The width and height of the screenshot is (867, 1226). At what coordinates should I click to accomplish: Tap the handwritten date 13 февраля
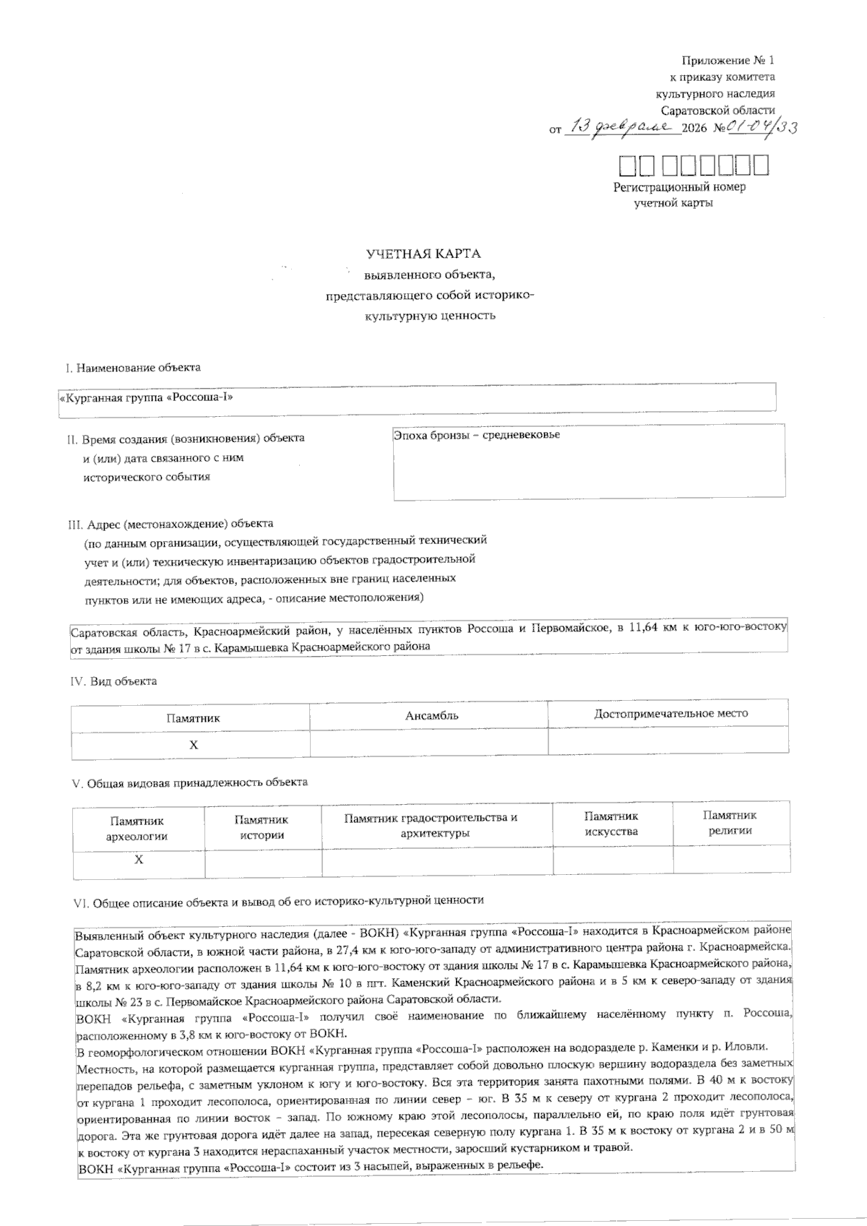[622, 128]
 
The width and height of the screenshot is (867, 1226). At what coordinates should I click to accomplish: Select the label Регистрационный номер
[679, 187]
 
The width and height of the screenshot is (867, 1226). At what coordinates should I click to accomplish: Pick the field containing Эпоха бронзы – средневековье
[589, 461]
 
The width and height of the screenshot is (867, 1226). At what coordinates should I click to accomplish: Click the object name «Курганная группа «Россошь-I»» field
[417, 397]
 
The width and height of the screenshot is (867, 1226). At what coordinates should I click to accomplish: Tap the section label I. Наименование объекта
[133, 368]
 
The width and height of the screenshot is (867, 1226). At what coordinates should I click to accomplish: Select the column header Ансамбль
[431, 716]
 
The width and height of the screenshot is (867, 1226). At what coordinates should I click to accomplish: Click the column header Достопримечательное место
[670, 714]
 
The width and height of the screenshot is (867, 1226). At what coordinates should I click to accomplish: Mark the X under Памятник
[193, 745]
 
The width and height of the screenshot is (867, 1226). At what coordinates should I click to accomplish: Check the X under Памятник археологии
[139, 860]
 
